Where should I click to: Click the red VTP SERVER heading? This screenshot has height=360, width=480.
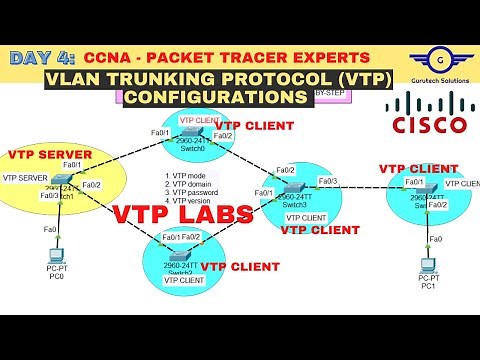click(x=50, y=156)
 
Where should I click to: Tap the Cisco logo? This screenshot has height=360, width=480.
click(x=428, y=116)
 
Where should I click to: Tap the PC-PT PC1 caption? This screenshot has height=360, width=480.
click(x=428, y=282)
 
